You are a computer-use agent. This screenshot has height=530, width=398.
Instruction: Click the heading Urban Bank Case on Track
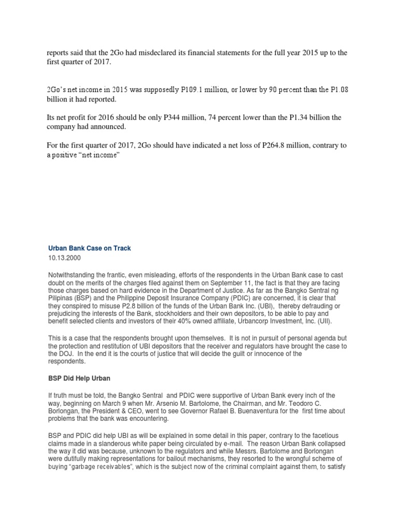tap(89, 248)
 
